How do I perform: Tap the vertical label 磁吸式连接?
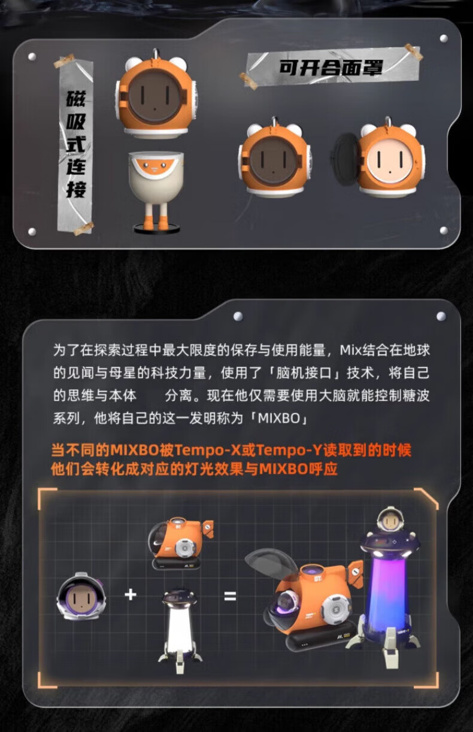tap(76, 144)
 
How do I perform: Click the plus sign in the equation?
tap(131, 594)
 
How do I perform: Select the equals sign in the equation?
tap(230, 596)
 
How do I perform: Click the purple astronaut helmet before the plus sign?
tap(81, 597)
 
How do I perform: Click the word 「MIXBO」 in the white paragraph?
tap(279, 418)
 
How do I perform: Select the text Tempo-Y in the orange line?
tap(289, 450)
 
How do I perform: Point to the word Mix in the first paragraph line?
tap(350, 350)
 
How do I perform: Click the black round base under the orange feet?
tap(156, 229)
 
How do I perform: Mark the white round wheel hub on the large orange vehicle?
tap(336, 610)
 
